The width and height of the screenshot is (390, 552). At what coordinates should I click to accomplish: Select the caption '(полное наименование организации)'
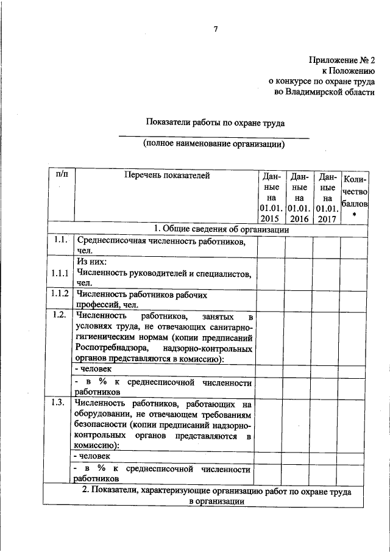click(x=214, y=144)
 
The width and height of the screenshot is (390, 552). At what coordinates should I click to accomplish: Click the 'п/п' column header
click(x=62, y=175)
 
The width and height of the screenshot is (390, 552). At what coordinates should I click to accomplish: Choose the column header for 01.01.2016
click(x=299, y=197)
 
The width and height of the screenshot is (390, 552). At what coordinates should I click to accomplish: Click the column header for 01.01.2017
click(x=327, y=197)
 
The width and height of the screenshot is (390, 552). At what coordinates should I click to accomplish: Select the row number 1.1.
click(x=59, y=240)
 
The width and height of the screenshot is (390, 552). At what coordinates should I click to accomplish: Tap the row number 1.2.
click(x=59, y=315)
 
